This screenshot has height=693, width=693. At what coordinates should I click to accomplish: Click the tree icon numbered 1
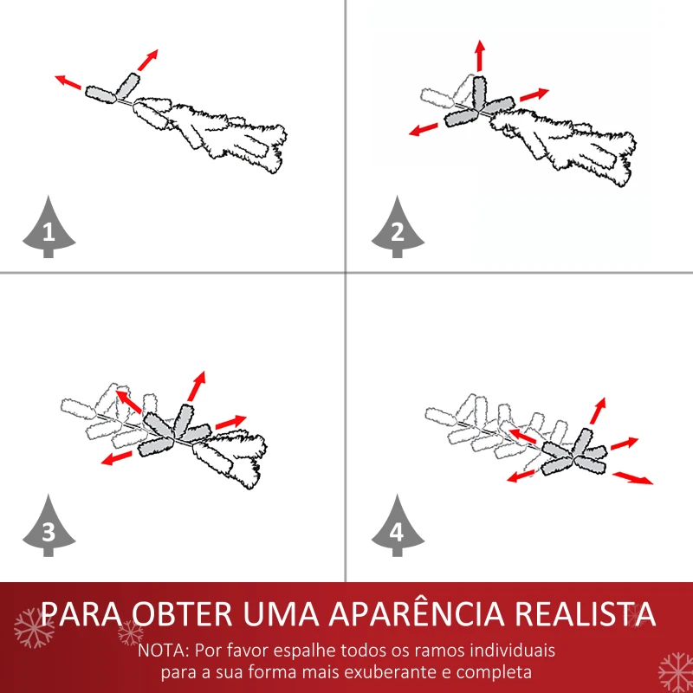click(48, 228)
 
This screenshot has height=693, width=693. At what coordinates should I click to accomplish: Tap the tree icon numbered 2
click(398, 228)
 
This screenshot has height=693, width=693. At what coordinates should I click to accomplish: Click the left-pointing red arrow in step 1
click(68, 83)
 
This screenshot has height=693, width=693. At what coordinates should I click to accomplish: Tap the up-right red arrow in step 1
click(148, 59)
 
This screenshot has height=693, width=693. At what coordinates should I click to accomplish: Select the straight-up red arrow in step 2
click(479, 55)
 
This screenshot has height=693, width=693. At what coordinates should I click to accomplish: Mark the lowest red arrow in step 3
click(117, 457)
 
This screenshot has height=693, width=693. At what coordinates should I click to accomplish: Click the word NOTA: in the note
click(166, 650)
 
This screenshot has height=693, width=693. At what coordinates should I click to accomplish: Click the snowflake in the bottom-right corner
click(675, 671)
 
